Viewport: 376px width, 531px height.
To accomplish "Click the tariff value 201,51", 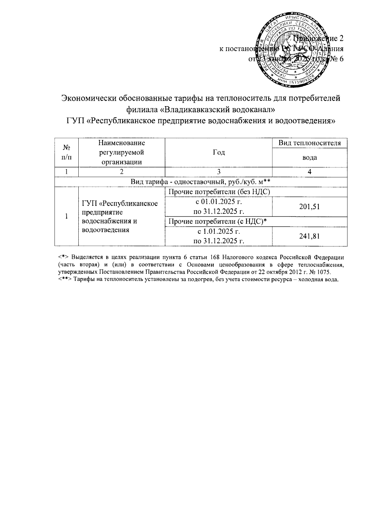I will pos(310,207).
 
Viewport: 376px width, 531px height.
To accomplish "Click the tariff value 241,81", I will pos(310,236).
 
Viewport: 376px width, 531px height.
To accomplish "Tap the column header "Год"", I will pos(218,152).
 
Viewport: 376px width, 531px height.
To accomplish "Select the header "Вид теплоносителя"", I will pos(310,143).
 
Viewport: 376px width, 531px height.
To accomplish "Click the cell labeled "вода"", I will pos(310,157).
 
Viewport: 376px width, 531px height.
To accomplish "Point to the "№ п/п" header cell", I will pos(66,152).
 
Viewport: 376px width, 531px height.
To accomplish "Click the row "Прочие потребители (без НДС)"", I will pos(219,192).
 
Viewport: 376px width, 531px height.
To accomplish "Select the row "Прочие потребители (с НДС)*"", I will pos(219,222).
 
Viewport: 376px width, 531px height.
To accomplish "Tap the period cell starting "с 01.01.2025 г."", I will pos(218,207).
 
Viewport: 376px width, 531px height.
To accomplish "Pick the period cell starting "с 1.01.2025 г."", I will pos(218,236).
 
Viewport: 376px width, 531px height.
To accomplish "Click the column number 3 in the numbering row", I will pos(218,172).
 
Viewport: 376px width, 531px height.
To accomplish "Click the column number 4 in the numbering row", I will pos(310,172).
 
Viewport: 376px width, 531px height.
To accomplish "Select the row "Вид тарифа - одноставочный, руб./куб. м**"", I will pos(201,182).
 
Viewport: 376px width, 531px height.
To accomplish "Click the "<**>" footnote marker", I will pos(65,280).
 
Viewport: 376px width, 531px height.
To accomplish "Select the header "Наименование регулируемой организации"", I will pos(122,152).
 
